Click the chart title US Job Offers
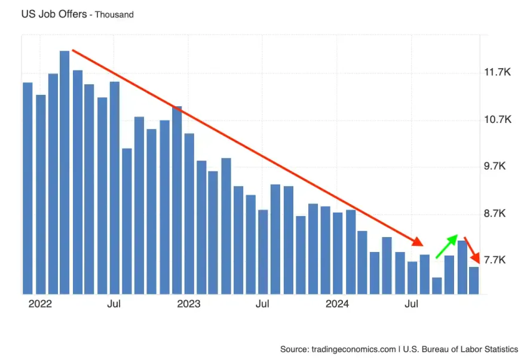coord(54,14)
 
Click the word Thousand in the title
coord(114,14)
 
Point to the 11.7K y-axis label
coord(498,72)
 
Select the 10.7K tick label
coord(498,119)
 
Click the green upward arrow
coord(446,246)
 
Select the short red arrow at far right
coord(471,250)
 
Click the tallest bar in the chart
coord(65,173)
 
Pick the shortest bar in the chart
coord(437,286)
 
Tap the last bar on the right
coord(474,281)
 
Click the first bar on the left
coord(27,188)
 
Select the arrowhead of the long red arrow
coord(418,242)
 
